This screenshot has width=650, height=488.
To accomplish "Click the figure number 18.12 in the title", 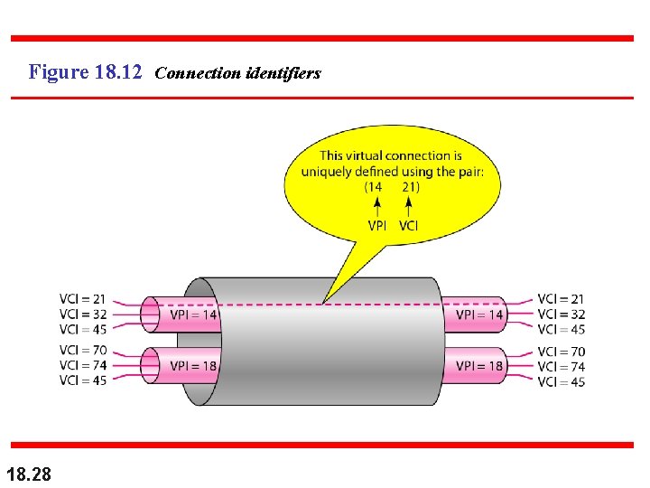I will point(117,71).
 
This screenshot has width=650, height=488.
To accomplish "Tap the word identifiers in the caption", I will point(283,73).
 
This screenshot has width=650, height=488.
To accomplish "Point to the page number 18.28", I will point(28,473).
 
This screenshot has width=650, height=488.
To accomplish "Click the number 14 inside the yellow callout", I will point(374,187).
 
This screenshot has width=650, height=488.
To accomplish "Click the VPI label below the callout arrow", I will point(378,225).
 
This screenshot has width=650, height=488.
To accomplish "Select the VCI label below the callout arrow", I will point(408,225).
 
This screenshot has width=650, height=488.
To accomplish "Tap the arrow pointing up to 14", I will point(376,207).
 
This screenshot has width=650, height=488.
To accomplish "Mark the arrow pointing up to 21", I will point(409,207).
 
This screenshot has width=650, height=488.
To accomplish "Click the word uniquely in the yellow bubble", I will point(327,172).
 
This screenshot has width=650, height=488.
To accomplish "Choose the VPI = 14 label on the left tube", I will point(193,314).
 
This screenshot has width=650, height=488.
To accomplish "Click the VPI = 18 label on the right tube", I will point(479,366).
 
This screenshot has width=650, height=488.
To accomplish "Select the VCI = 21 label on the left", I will point(82,299).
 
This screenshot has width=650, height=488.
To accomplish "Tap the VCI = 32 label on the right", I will point(561,314).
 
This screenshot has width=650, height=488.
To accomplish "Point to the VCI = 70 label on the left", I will point(82,350).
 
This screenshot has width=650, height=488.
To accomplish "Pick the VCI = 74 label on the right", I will point(561,366).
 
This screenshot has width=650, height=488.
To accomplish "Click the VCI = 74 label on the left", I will point(82,365).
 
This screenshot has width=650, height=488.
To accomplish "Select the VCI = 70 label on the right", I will point(561,351).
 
